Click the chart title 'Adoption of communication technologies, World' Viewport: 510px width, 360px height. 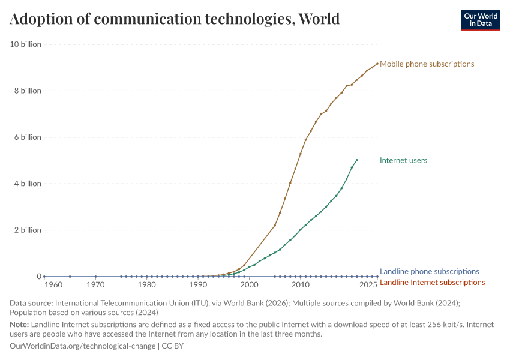point(175,19)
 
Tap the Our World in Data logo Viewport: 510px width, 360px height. point(480,20)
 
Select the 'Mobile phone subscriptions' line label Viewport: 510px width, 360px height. point(427,64)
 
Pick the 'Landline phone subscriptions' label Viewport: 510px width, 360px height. point(429,271)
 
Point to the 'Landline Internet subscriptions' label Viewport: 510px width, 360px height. point(432,282)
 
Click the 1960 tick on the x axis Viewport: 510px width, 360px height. point(53,284)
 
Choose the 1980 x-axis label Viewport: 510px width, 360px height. point(147,284)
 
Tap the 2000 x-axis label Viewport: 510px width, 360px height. point(249,284)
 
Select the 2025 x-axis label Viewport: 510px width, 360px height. point(368,284)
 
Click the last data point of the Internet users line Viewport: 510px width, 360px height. point(357,160)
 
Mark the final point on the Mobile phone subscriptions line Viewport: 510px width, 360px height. point(377,64)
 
